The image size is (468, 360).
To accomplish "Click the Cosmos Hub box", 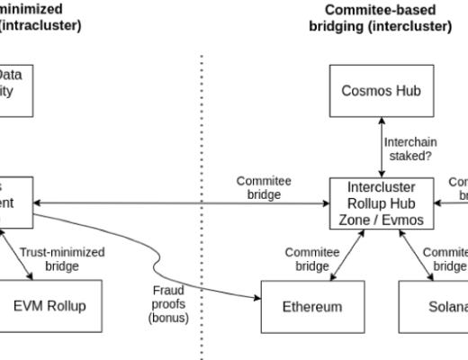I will coord(381,91).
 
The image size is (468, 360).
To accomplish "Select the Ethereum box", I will coord(311,306).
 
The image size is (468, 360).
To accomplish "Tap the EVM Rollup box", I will coord(49,306).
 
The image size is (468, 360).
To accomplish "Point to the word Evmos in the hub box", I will coord(409,220).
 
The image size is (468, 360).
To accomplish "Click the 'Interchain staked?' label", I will coord(411,148).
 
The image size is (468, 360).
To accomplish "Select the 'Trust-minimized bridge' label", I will coord(62,259).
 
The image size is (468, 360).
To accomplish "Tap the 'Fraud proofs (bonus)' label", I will coord(168,303).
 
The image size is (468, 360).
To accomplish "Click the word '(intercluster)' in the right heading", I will coord(381,26).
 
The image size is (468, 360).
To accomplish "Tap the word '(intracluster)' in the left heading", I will coord(40,25).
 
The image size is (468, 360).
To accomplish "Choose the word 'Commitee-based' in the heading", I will coord(381,10).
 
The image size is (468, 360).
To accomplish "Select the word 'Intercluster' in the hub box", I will coord(381,187).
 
